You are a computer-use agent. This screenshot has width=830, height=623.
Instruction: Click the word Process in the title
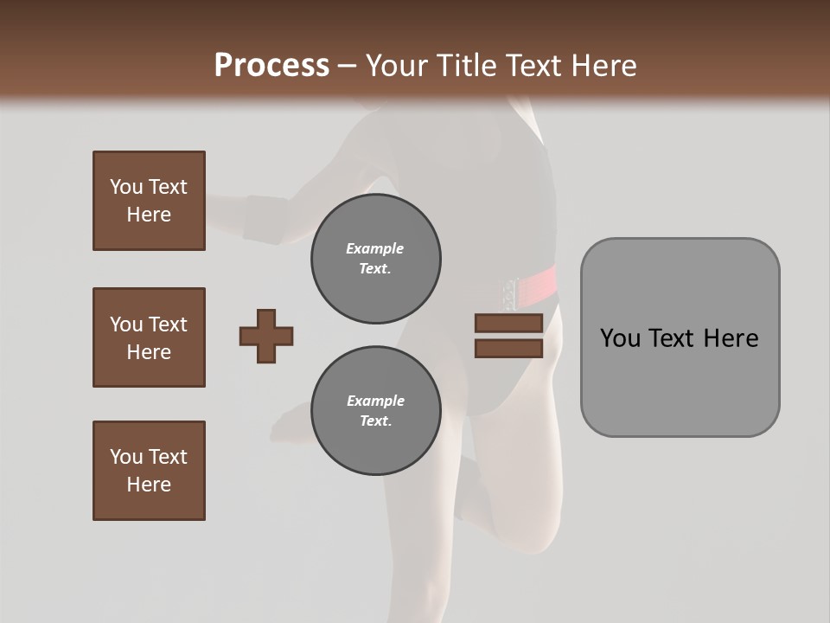(x=271, y=66)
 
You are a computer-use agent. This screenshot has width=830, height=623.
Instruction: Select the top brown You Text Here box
(x=149, y=201)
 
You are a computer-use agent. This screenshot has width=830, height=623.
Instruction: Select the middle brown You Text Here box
(x=149, y=337)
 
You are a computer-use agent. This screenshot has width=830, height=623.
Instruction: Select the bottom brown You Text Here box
(x=149, y=471)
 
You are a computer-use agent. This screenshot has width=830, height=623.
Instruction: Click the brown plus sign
(x=266, y=336)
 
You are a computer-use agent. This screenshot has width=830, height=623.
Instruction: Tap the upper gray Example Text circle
(x=376, y=259)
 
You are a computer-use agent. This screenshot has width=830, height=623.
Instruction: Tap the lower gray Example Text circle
(x=376, y=411)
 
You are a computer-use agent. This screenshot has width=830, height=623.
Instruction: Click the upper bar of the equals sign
(x=508, y=324)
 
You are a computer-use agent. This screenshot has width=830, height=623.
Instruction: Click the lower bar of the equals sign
(x=508, y=348)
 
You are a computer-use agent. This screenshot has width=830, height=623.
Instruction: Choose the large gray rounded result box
(x=680, y=337)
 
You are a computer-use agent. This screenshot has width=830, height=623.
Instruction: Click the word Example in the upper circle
(x=374, y=248)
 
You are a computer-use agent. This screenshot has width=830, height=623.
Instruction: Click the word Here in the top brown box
(x=149, y=215)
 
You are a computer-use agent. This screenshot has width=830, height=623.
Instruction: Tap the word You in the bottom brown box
(x=126, y=457)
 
